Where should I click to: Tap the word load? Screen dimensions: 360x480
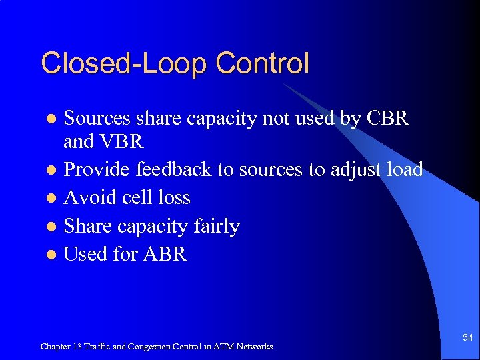(405, 169)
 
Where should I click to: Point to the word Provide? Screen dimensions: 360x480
(97, 169)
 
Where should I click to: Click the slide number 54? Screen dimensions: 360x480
(467, 338)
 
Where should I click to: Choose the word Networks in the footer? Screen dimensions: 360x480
(257, 347)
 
